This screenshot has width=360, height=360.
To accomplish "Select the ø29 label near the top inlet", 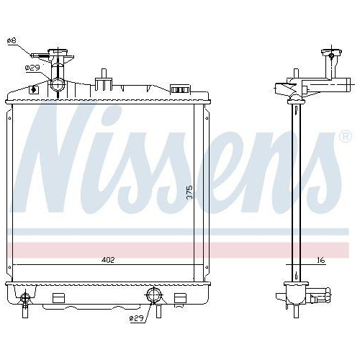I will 32,67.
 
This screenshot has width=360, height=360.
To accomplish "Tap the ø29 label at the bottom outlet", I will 137,318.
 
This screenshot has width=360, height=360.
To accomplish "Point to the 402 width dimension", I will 108,260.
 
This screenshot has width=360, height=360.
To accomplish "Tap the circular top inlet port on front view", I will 58,86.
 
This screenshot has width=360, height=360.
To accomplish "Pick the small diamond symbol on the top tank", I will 33,90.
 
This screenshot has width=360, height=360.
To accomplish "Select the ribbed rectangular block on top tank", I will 179,89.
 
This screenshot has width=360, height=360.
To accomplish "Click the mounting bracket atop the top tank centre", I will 104,76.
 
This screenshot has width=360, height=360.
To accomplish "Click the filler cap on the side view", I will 331,52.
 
